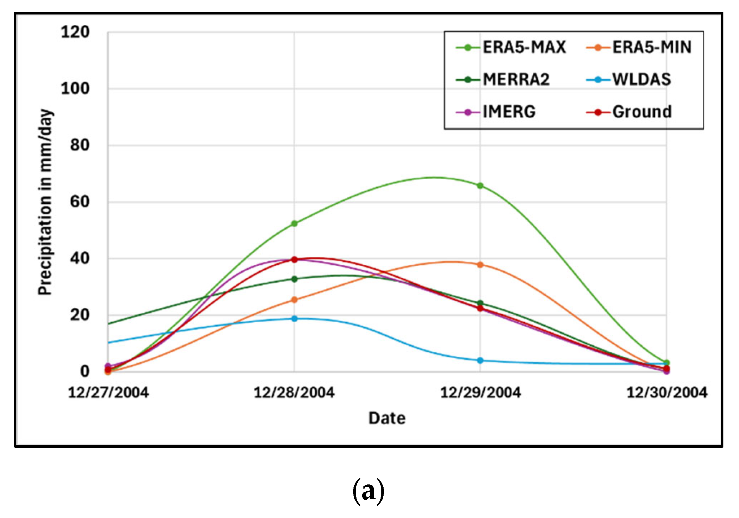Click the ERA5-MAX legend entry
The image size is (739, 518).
click(511, 48)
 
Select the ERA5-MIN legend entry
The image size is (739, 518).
click(639, 48)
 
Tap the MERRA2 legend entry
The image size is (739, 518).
click(503, 80)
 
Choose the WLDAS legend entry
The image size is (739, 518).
click(629, 80)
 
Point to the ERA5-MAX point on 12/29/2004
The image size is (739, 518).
click(480, 186)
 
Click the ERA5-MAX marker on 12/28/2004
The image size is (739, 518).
click(294, 224)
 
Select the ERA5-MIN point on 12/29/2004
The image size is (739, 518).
click(480, 265)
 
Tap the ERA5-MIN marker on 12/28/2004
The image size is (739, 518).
click(294, 300)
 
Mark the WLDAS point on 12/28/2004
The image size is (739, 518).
click(294, 319)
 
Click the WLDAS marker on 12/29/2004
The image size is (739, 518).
click(480, 360)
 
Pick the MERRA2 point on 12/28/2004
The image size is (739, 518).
click(294, 279)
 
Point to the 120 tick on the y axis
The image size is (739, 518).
click(75, 32)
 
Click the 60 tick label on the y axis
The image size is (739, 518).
click(80, 202)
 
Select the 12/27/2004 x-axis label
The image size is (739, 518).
click(108, 393)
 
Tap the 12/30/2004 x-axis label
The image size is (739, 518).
click(667, 393)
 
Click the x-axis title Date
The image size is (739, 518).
click(387, 418)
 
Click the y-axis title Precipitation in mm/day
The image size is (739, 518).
click(45, 202)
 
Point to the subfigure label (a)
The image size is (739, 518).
click(368, 492)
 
